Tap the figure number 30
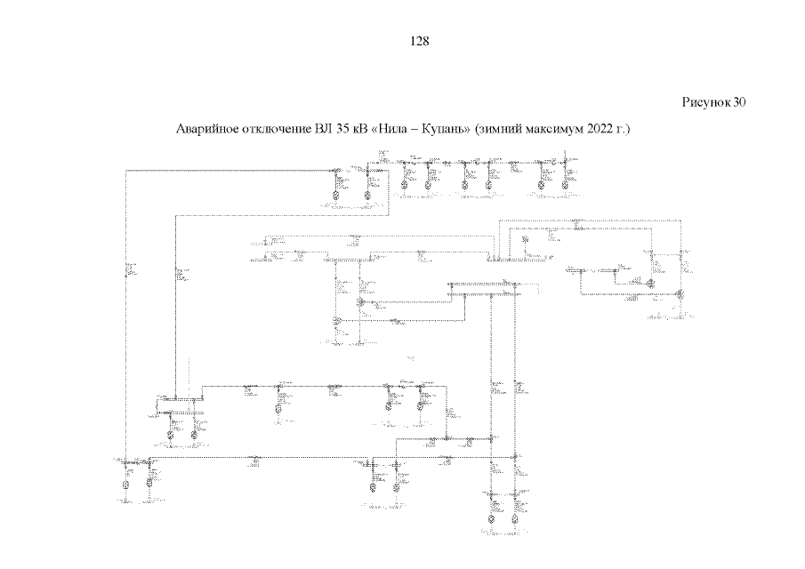coord(739,102)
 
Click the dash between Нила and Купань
coord(414,130)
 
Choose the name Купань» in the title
coord(444,130)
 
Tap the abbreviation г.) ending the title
coord(620,130)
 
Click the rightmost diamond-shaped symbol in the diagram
coord(679,294)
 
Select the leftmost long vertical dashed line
coord(127,311)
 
